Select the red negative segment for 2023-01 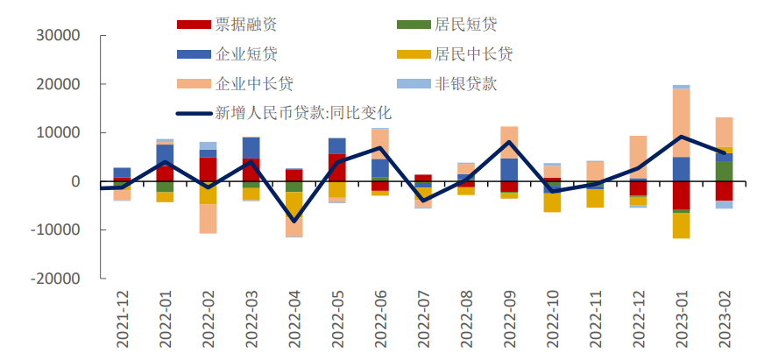[681, 195]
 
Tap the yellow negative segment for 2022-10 [552, 203]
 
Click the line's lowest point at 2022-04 [294, 221]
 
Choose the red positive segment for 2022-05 [337, 167]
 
